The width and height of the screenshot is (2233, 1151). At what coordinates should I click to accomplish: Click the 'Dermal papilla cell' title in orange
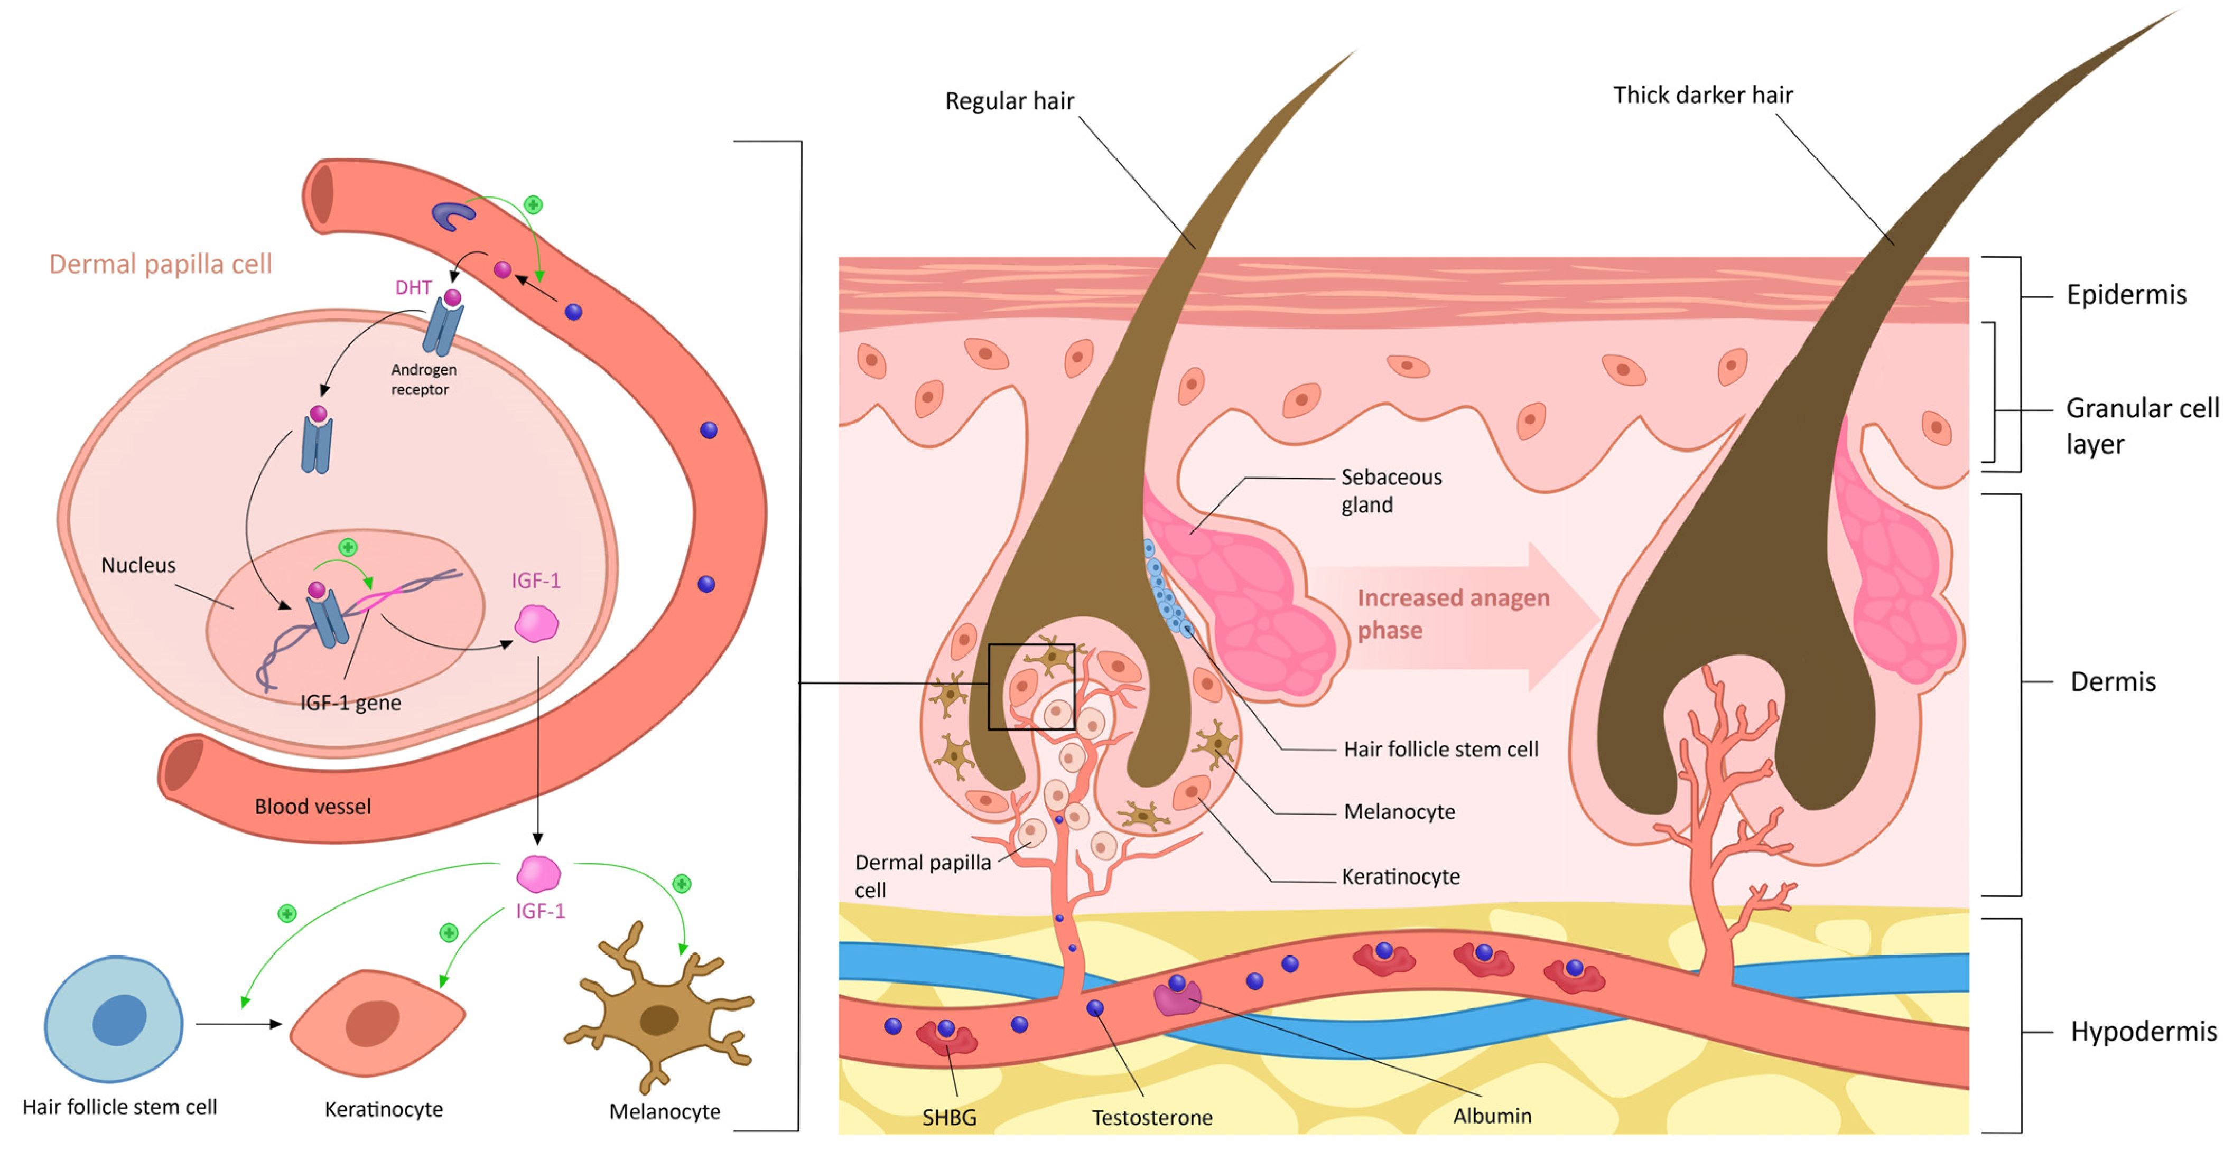point(160,264)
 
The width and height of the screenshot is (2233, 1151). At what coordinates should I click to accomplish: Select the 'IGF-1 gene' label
point(350,703)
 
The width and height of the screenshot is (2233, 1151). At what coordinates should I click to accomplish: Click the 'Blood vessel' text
point(312,807)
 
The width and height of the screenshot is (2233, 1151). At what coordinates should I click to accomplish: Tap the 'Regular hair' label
point(1009,101)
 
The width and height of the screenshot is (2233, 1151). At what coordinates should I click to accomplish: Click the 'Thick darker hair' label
point(1702,95)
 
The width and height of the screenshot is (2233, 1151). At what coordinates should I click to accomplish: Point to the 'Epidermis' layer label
point(2126,295)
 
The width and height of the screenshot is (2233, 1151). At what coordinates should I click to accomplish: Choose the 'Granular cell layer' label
point(2141,426)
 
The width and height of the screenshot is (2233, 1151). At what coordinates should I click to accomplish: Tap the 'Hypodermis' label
point(2143,1032)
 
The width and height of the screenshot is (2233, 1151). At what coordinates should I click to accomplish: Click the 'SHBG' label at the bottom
point(949,1117)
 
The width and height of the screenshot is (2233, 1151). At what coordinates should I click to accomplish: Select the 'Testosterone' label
point(1151,1117)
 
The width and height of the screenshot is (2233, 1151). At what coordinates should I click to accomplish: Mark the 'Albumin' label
point(1492,1116)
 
